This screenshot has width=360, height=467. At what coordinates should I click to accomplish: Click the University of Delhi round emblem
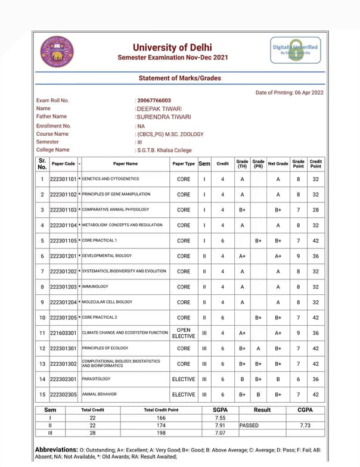pyautogui.click(x=57, y=52)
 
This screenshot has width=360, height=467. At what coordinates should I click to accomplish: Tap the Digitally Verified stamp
pyautogui.click(x=295, y=51)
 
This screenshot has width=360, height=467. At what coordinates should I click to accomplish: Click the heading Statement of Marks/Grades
pyautogui.click(x=179, y=78)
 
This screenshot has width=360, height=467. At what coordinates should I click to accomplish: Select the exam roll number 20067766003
pyautogui.click(x=154, y=101)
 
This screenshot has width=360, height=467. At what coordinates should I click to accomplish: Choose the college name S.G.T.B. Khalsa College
pyautogui.click(x=164, y=150)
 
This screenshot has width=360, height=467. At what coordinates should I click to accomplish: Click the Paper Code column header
pyautogui.click(x=63, y=163)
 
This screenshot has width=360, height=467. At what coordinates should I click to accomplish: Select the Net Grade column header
pyautogui.click(x=278, y=163)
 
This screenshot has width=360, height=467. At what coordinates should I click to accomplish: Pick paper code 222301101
pyautogui.click(x=63, y=179)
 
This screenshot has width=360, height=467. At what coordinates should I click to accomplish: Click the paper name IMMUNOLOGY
pyautogui.click(x=95, y=287)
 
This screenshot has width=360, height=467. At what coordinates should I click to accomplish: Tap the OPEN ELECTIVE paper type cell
pyautogui.click(x=184, y=332)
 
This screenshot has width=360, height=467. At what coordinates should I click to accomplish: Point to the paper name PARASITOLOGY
pyautogui.click(x=97, y=379)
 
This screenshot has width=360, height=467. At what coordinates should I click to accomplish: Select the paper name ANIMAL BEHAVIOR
pyautogui.click(x=99, y=394)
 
